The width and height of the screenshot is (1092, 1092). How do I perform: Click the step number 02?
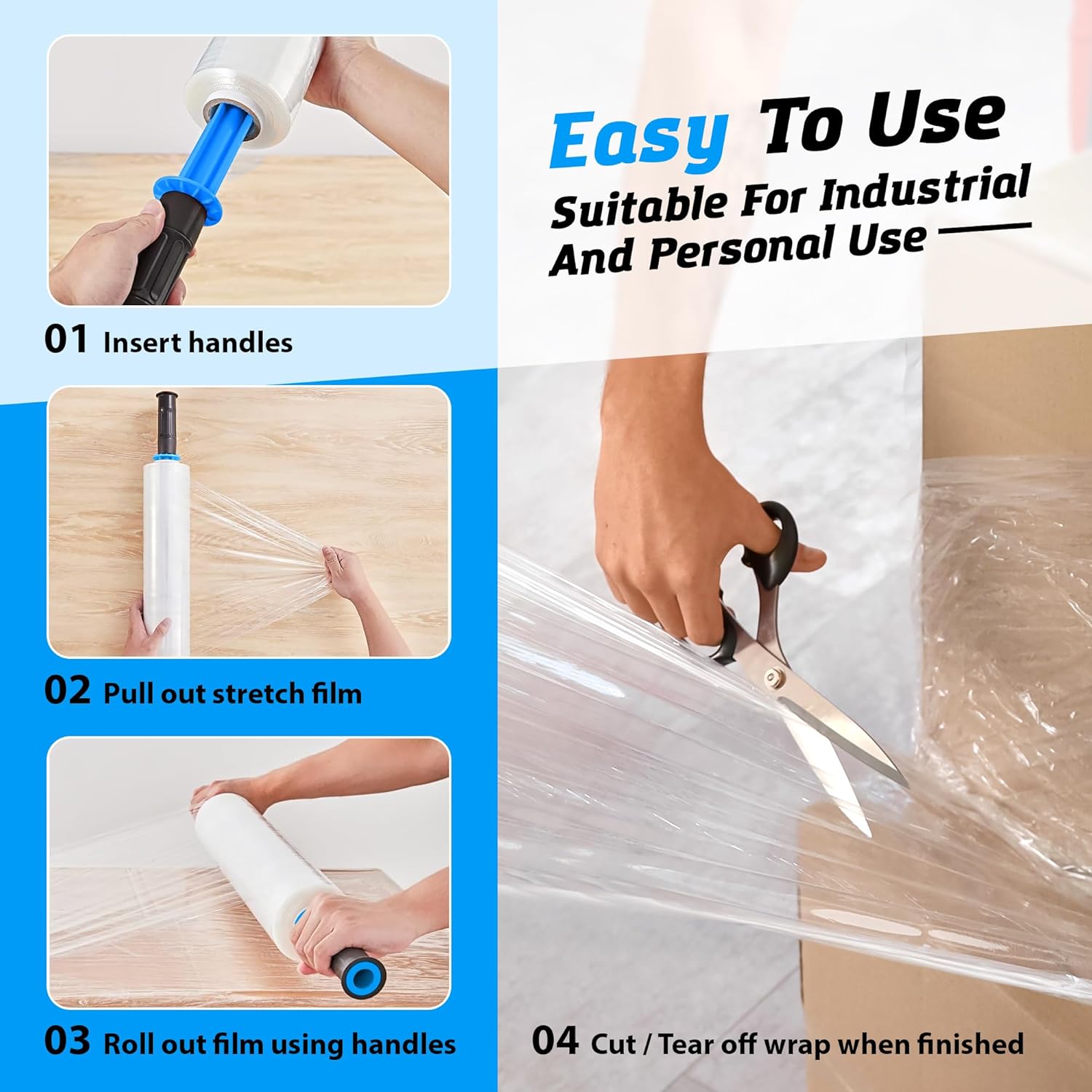coord(67,691)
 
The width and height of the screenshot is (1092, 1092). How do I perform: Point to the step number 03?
coord(67,1042)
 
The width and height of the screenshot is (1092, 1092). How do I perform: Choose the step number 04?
coord(555,1042)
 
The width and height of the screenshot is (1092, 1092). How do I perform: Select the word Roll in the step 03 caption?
coord(129,1044)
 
